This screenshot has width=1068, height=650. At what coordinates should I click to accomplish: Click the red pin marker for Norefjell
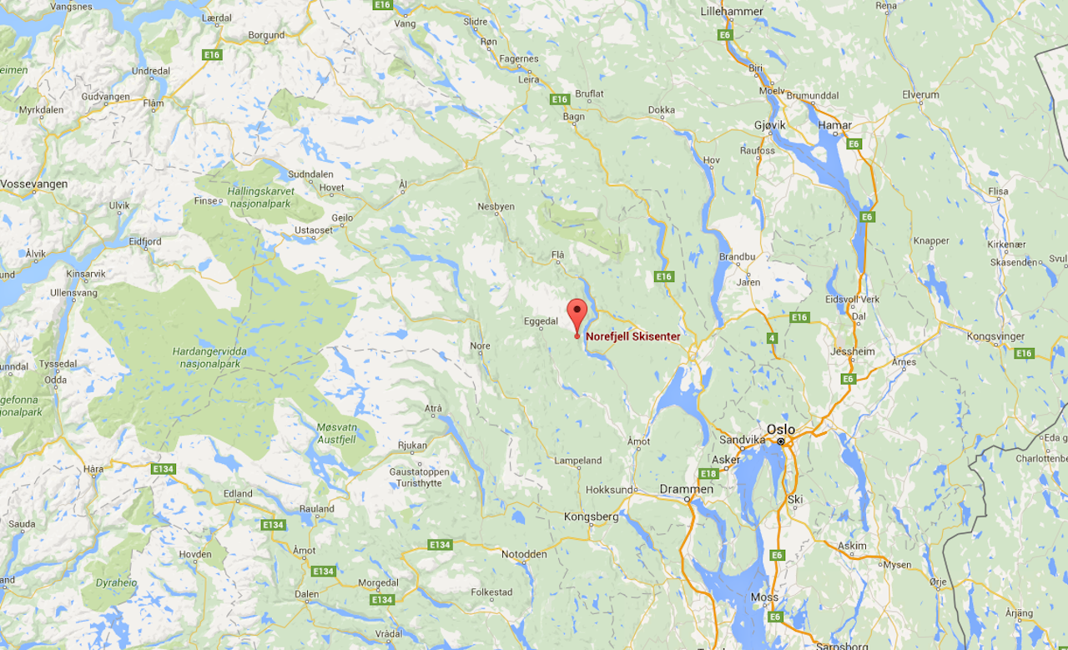(577, 314)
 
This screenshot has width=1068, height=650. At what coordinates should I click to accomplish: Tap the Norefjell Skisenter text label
(632, 337)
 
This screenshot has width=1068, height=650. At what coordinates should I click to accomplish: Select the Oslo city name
(781, 430)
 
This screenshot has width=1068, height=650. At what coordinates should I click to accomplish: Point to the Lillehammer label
(733, 11)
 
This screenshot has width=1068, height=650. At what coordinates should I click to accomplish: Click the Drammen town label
(686, 489)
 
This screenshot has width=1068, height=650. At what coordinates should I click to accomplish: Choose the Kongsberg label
(592, 516)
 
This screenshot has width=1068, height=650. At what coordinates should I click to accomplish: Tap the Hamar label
(835, 125)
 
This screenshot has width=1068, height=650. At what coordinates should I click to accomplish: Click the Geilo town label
(343, 218)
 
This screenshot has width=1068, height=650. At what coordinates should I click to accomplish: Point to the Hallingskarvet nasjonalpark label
(260, 196)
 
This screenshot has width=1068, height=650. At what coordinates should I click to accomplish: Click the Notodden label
(524, 554)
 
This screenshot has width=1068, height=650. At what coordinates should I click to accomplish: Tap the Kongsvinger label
(994, 336)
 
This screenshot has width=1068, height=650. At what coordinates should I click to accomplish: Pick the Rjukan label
(412, 446)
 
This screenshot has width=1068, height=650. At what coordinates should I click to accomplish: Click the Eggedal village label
(540, 321)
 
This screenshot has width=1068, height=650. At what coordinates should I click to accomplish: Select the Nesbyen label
(496, 206)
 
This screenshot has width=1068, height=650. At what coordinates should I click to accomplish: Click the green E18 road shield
(708, 474)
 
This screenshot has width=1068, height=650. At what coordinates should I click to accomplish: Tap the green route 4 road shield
(773, 338)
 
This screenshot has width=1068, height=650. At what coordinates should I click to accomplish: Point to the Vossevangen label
(34, 184)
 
